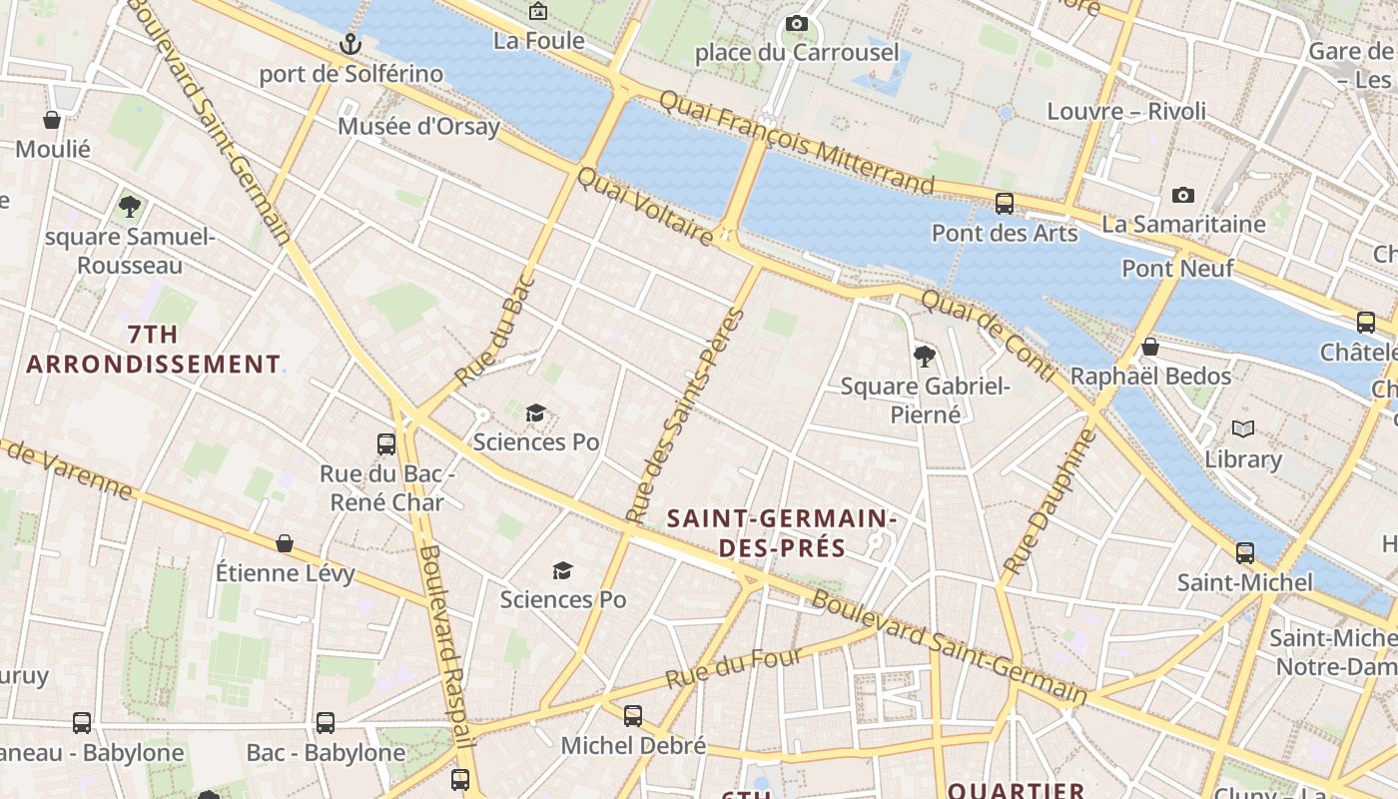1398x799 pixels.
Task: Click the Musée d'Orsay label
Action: click(x=418, y=127)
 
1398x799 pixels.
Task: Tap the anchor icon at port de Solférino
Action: click(x=349, y=43)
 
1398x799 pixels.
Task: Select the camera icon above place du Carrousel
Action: click(x=796, y=23)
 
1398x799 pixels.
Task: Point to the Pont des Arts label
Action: click(x=1005, y=234)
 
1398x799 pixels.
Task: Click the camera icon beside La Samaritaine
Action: click(x=1183, y=195)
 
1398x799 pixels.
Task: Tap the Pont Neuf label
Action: click(x=1177, y=269)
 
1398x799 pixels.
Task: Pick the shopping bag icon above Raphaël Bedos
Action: click(x=1150, y=347)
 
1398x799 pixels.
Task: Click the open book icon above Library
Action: click(x=1242, y=428)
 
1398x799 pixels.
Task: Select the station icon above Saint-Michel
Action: click(x=1244, y=552)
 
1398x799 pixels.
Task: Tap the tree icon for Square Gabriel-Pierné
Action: click(x=925, y=356)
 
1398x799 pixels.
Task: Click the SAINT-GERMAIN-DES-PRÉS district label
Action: click(x=782, y=532)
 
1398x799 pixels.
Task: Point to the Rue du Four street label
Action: click(x=734, y=667)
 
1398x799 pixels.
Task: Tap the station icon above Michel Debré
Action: click(x=633, y=715)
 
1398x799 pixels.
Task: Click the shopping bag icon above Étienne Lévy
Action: click(x=285, y=543)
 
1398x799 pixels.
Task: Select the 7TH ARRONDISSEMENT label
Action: click(x=154, y=349)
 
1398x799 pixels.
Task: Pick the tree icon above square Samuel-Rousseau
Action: click(x=129, y=207)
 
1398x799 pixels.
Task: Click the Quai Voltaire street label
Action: click(x=644, y=207)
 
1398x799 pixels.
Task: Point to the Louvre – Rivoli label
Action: click(x=1126, y=111)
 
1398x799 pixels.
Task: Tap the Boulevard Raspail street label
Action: click(x=444, y=644)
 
